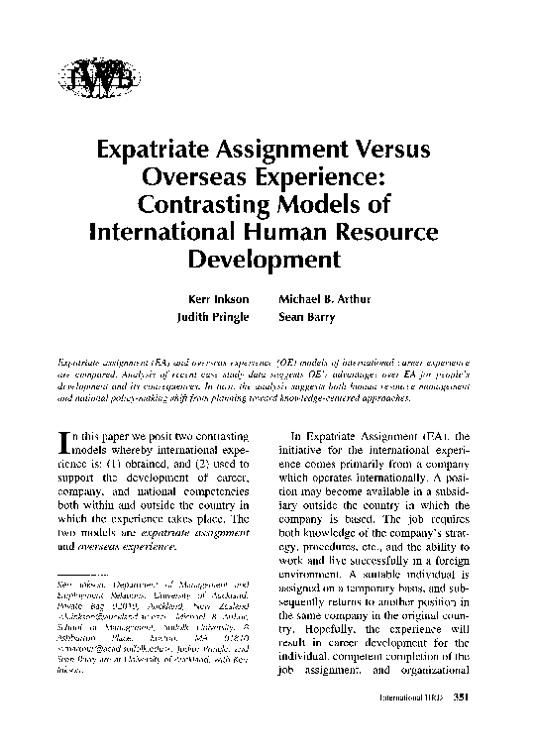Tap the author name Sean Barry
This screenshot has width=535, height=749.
309,318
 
